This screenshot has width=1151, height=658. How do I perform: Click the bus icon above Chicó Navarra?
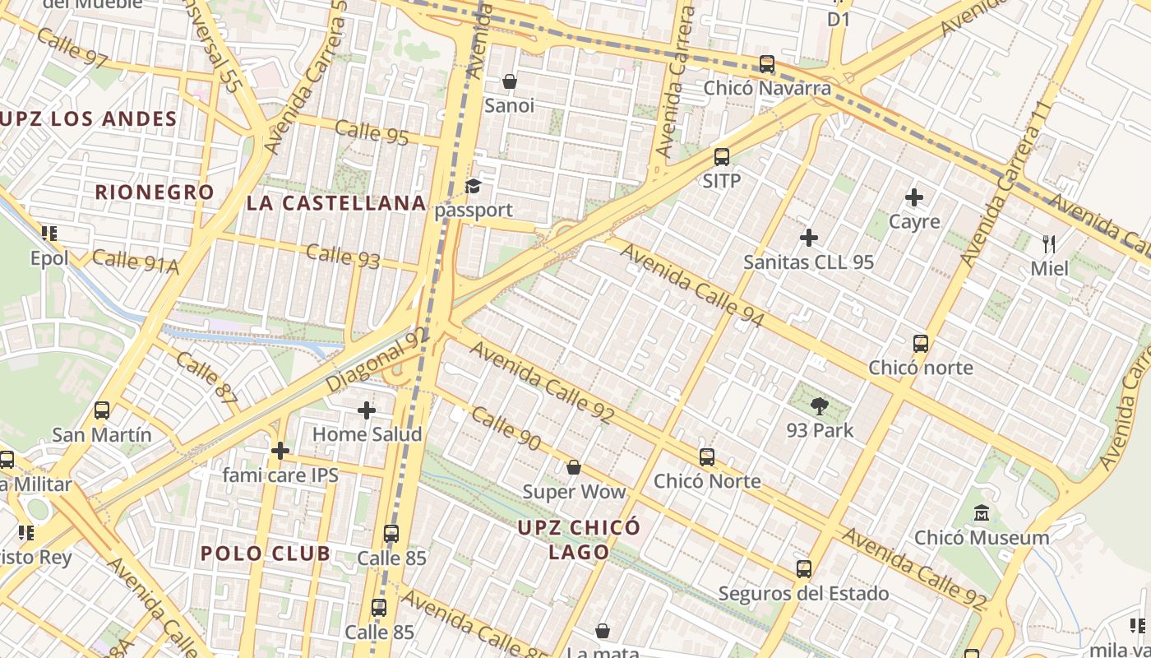767,63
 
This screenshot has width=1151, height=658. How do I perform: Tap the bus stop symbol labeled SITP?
722,156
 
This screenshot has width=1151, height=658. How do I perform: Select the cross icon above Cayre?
914,197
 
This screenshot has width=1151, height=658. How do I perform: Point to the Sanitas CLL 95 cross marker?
809,238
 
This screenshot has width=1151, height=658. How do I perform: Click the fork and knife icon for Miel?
1049,243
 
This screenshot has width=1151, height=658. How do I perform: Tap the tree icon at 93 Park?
819,405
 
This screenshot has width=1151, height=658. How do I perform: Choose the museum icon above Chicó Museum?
981,513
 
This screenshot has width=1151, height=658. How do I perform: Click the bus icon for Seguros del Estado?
804,569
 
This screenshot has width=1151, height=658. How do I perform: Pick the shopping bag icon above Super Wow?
574,467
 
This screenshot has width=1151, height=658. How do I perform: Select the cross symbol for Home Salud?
367,410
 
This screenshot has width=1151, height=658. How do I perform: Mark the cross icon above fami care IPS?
280,451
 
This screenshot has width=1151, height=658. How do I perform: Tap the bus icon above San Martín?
102,410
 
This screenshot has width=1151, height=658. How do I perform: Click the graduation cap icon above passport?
473,186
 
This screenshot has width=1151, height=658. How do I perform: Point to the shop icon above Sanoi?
510,81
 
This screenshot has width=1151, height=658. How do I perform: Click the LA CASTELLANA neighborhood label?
336,203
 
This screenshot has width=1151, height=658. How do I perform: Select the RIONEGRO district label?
155,192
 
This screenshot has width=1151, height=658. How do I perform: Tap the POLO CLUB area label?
266,554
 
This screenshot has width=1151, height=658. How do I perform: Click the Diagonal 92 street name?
377,361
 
